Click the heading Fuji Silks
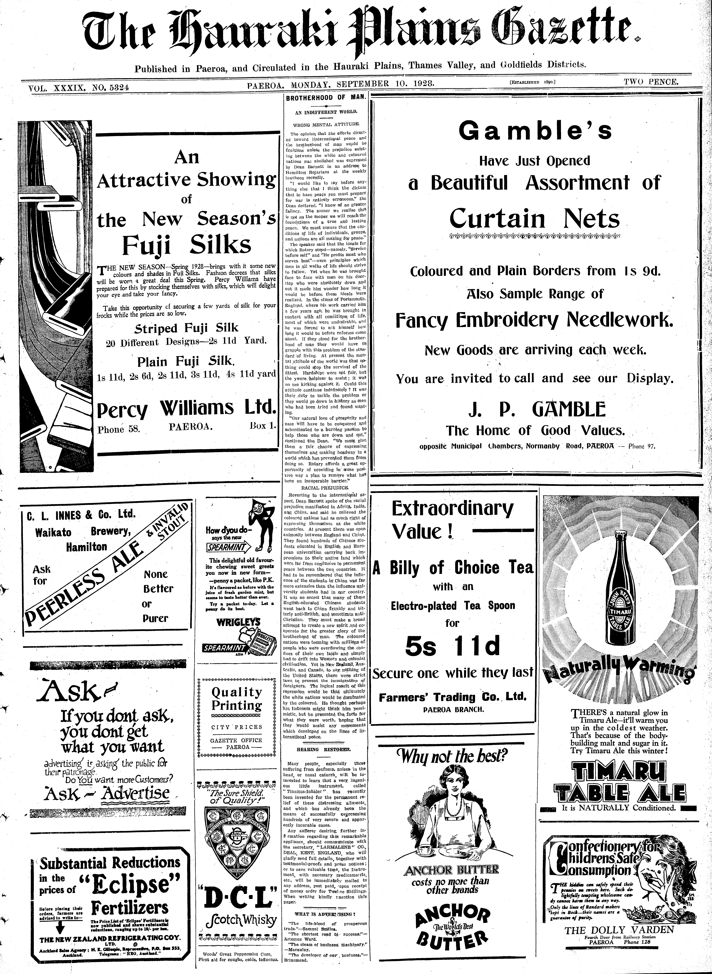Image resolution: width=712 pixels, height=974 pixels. [x=186, y=245]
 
